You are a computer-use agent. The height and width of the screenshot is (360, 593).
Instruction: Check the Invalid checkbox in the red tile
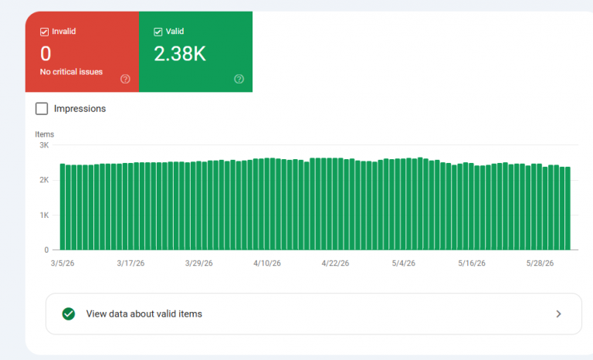pyautogui.click(x=44, y=32)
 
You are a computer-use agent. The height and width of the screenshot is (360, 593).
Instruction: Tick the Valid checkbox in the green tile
pyautogui.click(x=158, y=32)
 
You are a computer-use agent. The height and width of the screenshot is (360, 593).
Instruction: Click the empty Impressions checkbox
pyautogui.click(x=42, y=109)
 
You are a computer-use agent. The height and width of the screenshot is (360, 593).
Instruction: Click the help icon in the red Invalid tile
pyautogui.click(x=125, y=79)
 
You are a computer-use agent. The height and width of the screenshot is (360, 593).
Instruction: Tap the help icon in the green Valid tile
pyautogui.click(x=239, y=79)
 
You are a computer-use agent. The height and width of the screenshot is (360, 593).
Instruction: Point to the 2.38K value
pyautogui.click(x=180, y=54)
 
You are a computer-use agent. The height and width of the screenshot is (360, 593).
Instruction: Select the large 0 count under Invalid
pyautogui.click(x=46, y=54)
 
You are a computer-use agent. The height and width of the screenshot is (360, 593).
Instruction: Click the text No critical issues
pyautogui.click(x=72, y=72)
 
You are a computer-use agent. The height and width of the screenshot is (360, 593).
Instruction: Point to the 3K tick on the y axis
pyautogui.click(x=44, y=145)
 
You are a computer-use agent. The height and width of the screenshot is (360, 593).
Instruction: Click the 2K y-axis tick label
pyautogui.click(x=44, y=180)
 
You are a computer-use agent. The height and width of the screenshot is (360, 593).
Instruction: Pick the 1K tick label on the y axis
pyautogui.click(x=44, y=215)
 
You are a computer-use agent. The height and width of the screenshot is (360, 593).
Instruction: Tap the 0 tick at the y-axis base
pyautogui.click(x=46, y=250)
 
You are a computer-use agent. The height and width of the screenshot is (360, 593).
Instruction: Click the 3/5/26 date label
pyautogui.click(x=63, y=263)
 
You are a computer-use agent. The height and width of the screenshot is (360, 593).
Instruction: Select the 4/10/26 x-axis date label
pyautogui.click(x=267, y=263)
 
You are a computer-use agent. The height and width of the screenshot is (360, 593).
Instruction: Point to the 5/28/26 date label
pyautogui.click(x=540, y=263)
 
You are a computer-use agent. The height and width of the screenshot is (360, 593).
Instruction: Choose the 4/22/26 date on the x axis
pyautogui.click(x=335, y=263)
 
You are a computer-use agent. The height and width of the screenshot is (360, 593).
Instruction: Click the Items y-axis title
pyautogui.click(x=45, y=134)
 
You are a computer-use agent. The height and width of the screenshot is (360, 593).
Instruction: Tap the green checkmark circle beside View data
pyautogui.click(x=69, y=314)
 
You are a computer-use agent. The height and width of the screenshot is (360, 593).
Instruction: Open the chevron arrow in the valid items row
pyautogui.click(x=558, y=314)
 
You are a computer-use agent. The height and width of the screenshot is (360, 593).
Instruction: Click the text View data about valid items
pyautogui.click(x=144, y=314)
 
